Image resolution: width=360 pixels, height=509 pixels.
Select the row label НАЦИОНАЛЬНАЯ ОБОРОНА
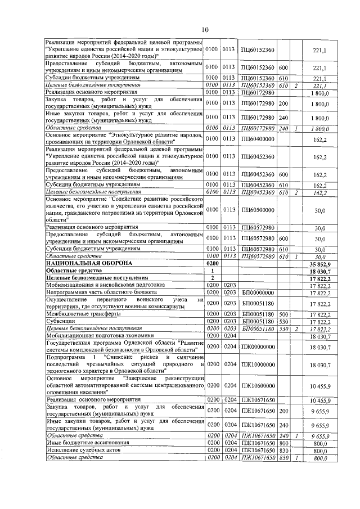[89, 263]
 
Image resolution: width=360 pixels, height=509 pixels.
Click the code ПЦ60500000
[257, 210]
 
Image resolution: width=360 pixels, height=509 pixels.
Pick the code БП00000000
[257, 292]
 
